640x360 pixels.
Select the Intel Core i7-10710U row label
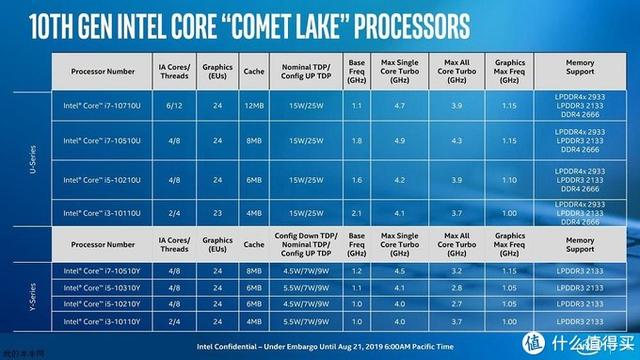[110, 104]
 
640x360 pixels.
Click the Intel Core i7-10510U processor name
[110, 141]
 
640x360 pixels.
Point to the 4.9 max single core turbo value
[399, 141]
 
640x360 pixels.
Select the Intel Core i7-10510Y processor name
[110, 269]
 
